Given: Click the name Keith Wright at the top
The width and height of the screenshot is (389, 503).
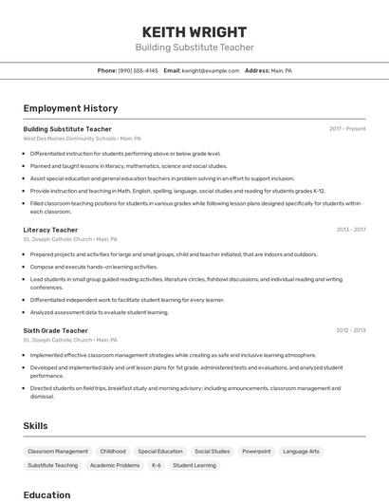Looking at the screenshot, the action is pyautogui.click(x=194, y=31).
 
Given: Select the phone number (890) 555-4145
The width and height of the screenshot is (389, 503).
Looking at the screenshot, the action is pyautogui.click(x=138, y=70).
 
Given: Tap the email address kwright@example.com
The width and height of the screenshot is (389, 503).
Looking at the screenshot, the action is pyautogui.click(x=210, y=70).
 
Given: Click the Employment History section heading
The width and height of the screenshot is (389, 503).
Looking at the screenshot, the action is pyautogui.click(x=70, y=108).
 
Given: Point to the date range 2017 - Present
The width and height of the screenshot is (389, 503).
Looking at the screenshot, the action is pyautogui.click(x=347, y=129).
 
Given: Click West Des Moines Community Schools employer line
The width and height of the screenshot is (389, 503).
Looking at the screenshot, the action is pyautogui.click(x=82, y=139).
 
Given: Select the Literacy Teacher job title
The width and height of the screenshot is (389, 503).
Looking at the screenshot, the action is pyautogui.click(x=50, y=230).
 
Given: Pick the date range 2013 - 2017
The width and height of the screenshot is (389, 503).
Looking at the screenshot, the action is pyautogui.click(x=350, y=230).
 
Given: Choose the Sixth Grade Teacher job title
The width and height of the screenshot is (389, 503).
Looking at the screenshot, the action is pyautogui.click(x=55, y=330).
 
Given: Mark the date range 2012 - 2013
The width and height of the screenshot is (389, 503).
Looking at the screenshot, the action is pyautogui.click(x=350, y=330).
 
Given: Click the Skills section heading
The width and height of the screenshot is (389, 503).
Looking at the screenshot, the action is pyautogui.click(x=35, y=426).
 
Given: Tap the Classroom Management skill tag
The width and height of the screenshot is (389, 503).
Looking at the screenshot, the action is pyautogui.click(x=58, y=452).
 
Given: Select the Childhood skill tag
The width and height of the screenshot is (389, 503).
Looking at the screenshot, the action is pyautogui.click(x=113, y=452).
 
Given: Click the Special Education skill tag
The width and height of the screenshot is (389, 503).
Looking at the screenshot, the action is pyautogui.click(x=159, y=452).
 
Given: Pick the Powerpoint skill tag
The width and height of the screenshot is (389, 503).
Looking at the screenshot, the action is pyautogui.click(x=256, y=452).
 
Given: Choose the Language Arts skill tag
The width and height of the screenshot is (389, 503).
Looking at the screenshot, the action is pyautogui.click(x=301, y=452).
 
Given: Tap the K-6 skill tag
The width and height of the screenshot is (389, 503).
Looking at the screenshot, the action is pyautogui.click(x=157, y=466).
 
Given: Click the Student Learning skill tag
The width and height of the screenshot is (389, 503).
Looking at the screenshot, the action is pyautogui.click(x=194, y=466).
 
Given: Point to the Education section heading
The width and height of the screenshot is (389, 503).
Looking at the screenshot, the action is pyautogui.click(x=46, y=494).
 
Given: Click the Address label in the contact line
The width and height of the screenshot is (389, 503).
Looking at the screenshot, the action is pyautogui.click(x=256, y=70).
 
